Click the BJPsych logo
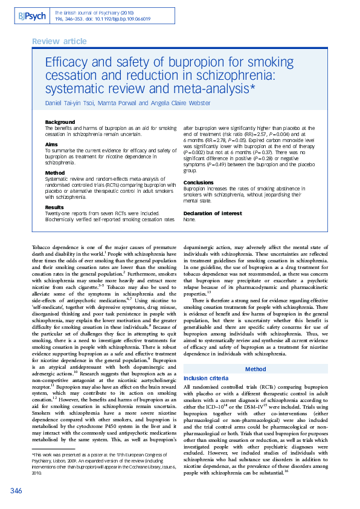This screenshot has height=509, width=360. coord(31,16)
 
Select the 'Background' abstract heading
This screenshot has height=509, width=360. coord(60,122)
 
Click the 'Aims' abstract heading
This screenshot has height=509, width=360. coord(52,144)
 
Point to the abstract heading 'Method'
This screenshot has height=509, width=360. coord(55,173)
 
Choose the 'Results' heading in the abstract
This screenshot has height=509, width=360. coord(54,207)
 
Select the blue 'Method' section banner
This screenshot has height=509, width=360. coord(254,352)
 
